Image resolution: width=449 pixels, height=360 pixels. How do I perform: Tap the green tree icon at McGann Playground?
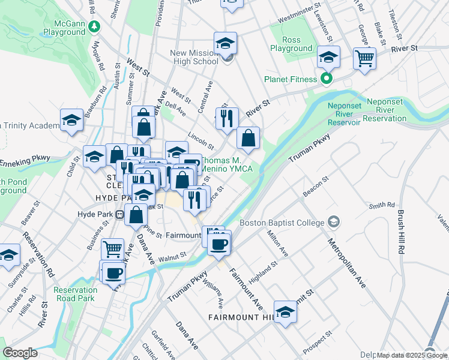coord(94,26)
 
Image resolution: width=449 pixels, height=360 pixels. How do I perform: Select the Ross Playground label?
coord(291,44)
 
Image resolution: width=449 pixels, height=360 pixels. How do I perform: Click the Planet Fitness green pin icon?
coord(327,79)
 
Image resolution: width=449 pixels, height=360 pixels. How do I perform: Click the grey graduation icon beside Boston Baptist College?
coord(333,223)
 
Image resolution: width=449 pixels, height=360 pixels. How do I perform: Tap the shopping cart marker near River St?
coord(364,59)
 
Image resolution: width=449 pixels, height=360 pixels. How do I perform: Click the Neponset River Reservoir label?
coord(352,114)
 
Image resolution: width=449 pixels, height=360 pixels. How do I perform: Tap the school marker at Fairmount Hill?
coord(286,311)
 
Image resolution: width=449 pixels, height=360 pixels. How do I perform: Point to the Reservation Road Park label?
coord(74,294)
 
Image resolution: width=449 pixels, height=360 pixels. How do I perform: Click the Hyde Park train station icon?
coord(120,214)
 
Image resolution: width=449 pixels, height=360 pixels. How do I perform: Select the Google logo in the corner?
coord(20,353)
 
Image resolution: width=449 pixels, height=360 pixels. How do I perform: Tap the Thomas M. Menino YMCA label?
coord(229,164)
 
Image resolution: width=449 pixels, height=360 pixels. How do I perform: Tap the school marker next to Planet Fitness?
coord(328,57)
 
